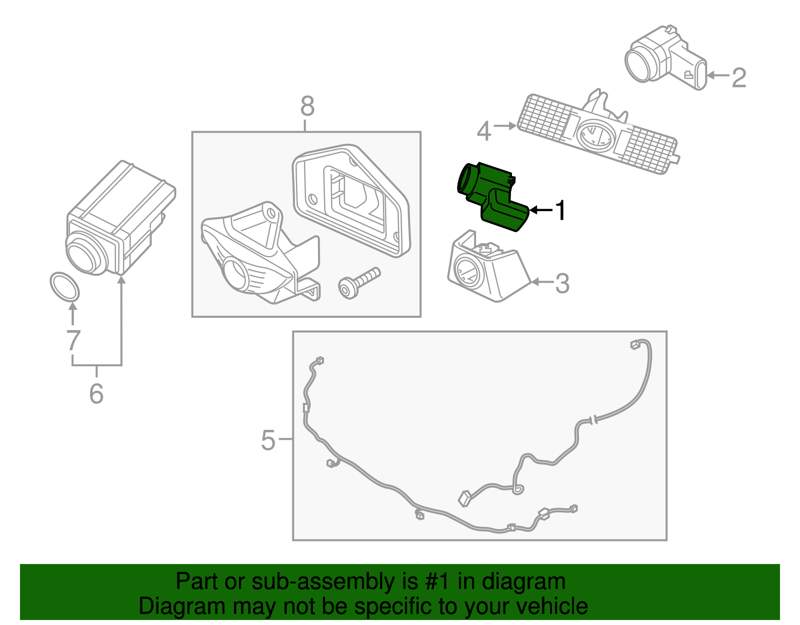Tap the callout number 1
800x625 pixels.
(x=561, y=210)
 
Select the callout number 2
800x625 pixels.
(x=739, y=78)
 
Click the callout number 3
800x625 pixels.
(x=562, y=283)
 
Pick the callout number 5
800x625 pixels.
(x=268, y=440)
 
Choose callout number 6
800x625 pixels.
(x=96, y=393)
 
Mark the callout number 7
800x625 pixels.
(x=73, y=340)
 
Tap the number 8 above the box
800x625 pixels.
(x=307, y=106)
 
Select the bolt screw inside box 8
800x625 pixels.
(x=359, y=283)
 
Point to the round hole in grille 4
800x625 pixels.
(x=595, y=135)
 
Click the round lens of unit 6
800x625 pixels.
(x=85, y=254)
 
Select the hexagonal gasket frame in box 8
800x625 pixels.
(x=350, y=200)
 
